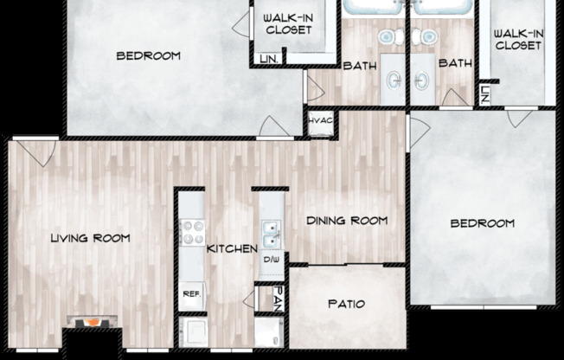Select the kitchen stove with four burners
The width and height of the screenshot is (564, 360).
[191, 232]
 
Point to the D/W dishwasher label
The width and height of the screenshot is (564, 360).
[272, 259]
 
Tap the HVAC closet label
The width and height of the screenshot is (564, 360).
[320, 122]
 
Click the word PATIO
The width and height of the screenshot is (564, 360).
[346, 305]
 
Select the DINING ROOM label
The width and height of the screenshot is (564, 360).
[346, 221]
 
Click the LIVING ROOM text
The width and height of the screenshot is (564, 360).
[90, 238]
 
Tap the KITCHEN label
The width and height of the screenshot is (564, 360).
[232, 249]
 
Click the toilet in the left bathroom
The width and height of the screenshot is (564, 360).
[388, 37]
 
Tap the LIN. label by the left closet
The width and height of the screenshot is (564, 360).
[268, 59]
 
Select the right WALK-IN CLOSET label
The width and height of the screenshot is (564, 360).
[518, 39]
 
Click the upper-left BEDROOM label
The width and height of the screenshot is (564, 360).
[148, 56]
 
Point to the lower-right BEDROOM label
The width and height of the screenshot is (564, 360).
[483, 223]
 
